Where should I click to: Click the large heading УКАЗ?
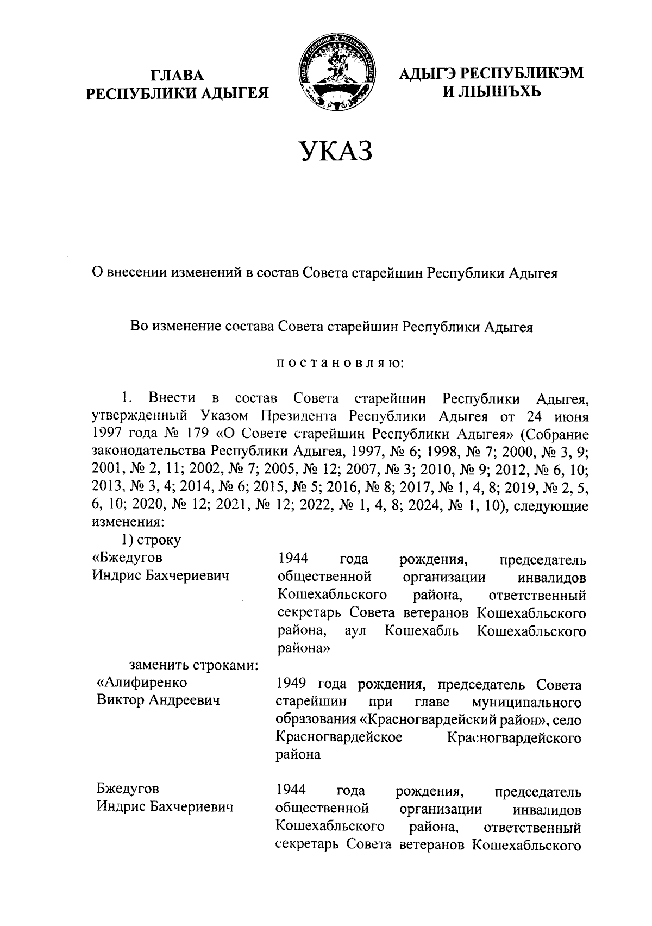[x=336, y=151]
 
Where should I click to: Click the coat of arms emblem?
[x=336, y=72]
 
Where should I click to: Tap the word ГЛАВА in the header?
[x=178, y=75]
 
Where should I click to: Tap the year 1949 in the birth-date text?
[x=292, y=684]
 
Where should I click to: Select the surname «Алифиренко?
[x=142, y=683]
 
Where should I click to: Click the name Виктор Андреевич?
[x=158, y=700]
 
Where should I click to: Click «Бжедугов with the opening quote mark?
[x=127, y=558]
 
